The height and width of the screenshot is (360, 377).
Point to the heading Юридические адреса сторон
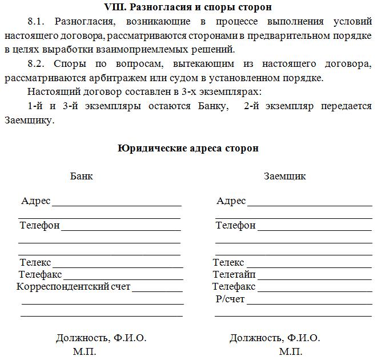pyautogui.click(x=188, y=148)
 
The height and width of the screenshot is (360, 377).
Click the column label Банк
pyautogui.click(x=82, y=176)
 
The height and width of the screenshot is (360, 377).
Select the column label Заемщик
pyautogui.click(x=285, y=176)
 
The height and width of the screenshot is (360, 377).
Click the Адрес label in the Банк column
pyautogui.click(x=35, y=201)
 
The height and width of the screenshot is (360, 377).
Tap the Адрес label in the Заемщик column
pyautogui.click(x=231, y=201)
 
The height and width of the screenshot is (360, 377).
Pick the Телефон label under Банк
pyautogui.click(x=40, y=225)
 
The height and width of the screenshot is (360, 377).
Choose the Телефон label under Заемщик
pyautogui.click(x=235, y=225)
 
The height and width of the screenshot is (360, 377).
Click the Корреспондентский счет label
pyautogui.click(x=74, y=286)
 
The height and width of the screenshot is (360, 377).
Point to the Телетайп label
pyautogui.click(x=234, y=274)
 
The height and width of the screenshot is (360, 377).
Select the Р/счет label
pyautogui.click(x=230, y=298)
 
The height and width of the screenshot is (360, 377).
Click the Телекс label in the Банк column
pyautogui.click(x=35, y=262)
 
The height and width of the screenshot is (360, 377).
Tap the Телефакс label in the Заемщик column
pyautogui.click(x=234, y=286)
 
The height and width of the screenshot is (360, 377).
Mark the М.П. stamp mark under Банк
pyautogui.click(x=85, y=351)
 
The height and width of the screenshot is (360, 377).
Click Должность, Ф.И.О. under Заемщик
pyautogui.click(x=275, y=338)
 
